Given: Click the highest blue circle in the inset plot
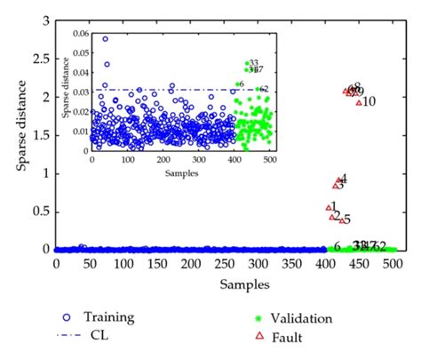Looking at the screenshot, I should (106, 39).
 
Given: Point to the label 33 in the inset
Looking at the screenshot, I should (253, 61).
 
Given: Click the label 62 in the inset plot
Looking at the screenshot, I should (264, 89).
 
